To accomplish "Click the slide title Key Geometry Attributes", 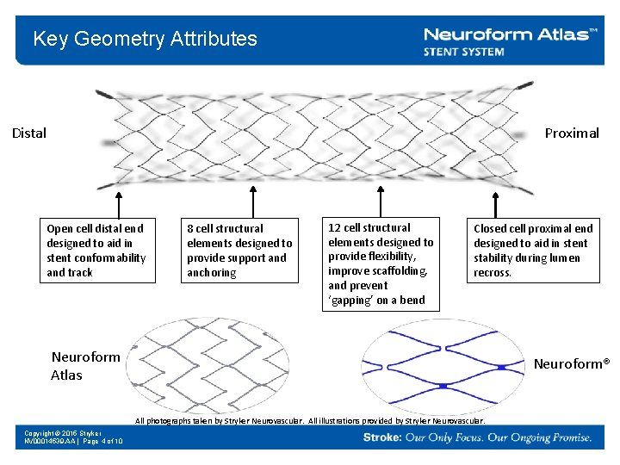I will [x=145, y=39].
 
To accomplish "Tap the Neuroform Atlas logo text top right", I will [x=511, y=34].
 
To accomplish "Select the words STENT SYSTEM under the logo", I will [x=463, y=52].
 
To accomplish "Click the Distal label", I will [x=29, y=133].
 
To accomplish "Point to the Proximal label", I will [x=572, y=133].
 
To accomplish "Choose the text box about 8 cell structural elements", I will [x=239, y=251].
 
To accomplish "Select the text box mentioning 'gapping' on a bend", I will [x=381, y=263].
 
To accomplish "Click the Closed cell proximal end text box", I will [x=533, y=251].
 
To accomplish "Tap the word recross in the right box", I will [x=492, y=273].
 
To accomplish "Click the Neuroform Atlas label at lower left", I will [x=86, y=366].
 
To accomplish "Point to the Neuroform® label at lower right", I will [x=571, y=363].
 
